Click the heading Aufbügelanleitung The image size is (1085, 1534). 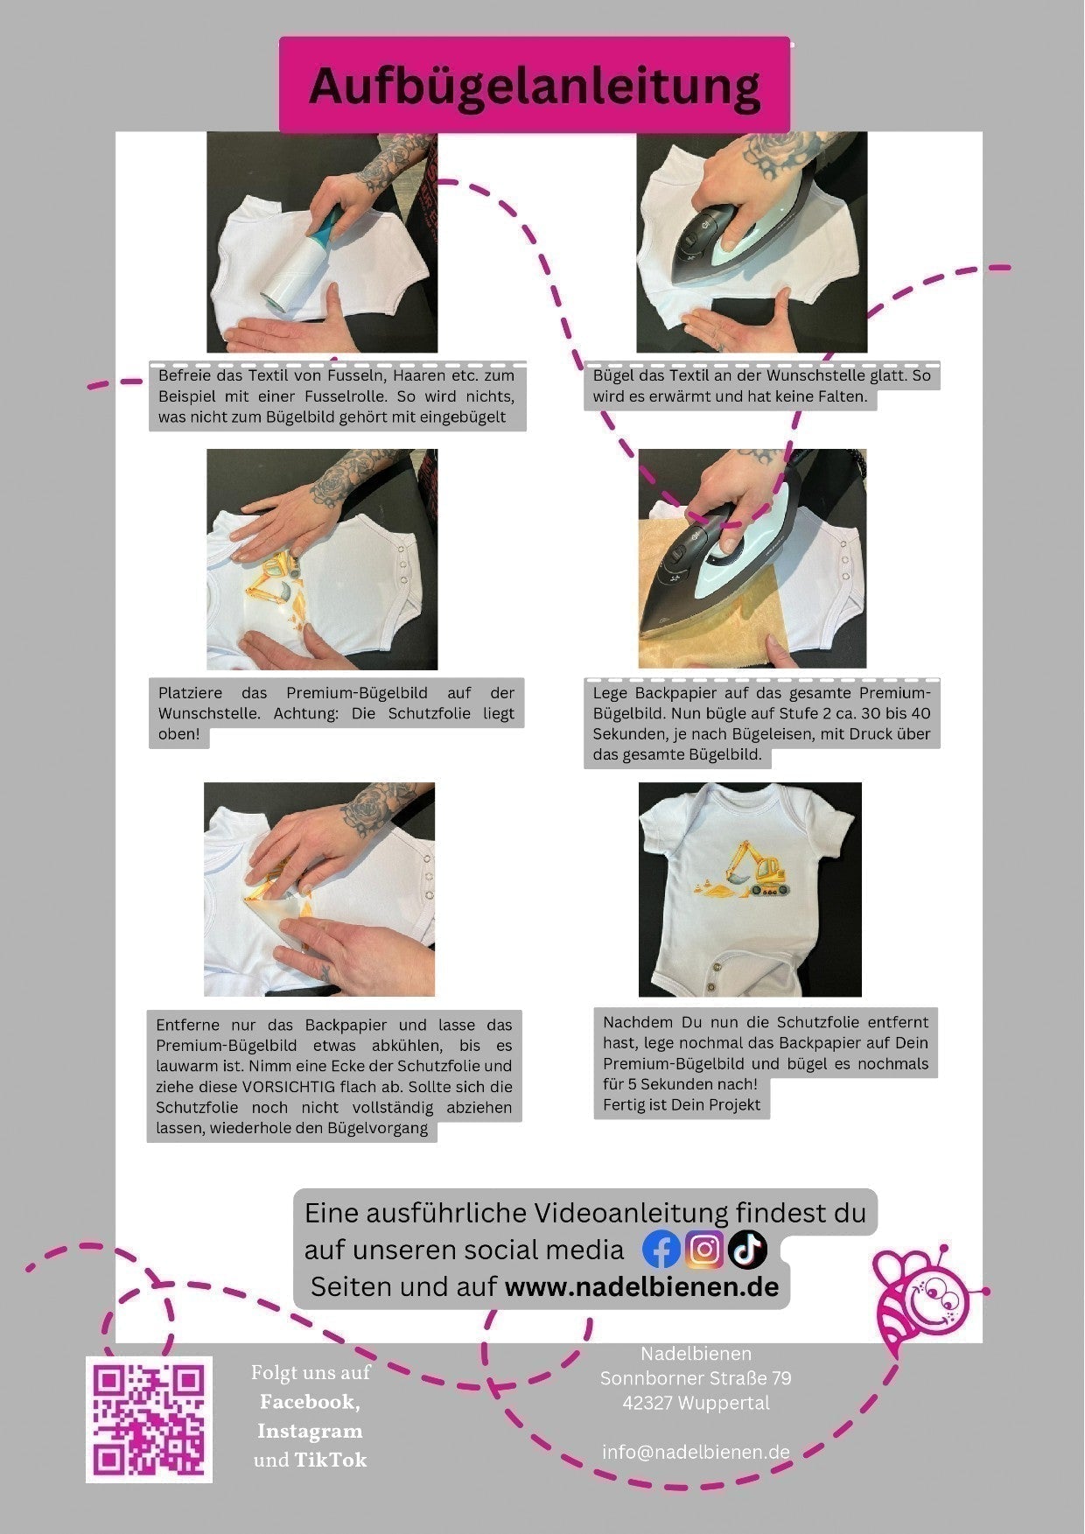(535, 87)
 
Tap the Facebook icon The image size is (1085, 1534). (661, 1250)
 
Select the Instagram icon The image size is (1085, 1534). (704, 1249)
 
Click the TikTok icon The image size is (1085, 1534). (747, 1250)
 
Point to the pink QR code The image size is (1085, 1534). (149, 1419)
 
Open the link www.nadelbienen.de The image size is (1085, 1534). (641, 1286)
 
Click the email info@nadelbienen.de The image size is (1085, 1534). (696, 1452)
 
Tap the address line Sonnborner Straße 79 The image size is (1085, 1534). (696, 1378)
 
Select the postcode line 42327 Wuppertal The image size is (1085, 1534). (696, 1403)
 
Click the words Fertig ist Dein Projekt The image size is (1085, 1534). (682, 1104)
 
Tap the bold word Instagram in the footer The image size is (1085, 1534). (310, 1431)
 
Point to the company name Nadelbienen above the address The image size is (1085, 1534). (696, 1354)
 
